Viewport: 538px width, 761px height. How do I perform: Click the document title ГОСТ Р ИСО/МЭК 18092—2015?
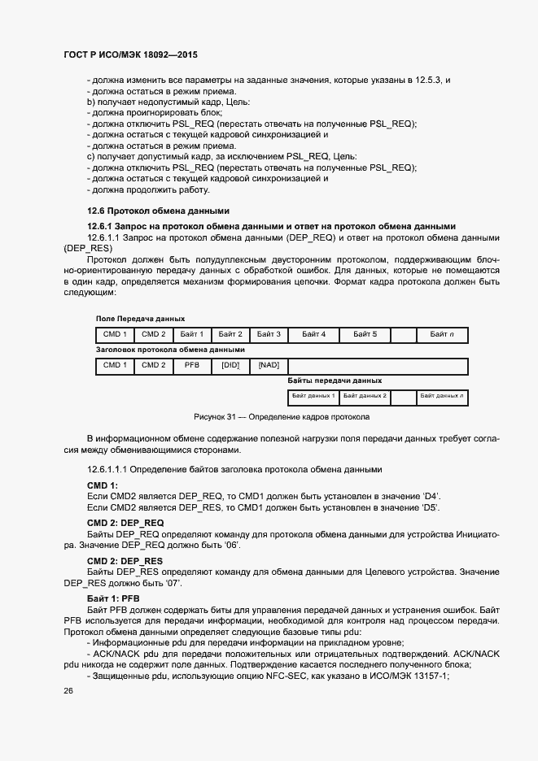pyautogui.click(x=130, y=54)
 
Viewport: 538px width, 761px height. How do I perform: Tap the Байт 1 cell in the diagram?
pyautogui.click(x=191, y=334)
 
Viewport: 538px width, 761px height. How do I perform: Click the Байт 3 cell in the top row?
pyautogui.click(x=269, y=334)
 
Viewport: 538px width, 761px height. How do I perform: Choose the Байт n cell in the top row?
pyautogui.click(x=442, y=334)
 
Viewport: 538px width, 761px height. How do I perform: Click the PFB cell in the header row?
pyautogui.click(x=191, y=365)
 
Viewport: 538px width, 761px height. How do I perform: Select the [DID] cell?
pyautogui.click(x=230, y=365)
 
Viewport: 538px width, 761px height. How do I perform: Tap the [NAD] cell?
pyautogui.click(x=269, y=365)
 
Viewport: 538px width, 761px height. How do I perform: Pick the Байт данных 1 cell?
pyautogui.click(x=313, y=396)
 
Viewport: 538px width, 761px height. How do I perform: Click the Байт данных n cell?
pyautogui.click(x=442, y=396)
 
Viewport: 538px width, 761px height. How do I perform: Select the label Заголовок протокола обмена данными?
pyautogui.click(x=170, y=349)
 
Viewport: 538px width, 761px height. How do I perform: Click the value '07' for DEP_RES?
pyautogui.click(x=170, y=584)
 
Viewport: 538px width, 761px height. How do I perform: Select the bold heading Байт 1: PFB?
pyautogui.click(x=113, y=598)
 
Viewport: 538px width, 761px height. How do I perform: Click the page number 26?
pyautogui.click(x=68, y=691)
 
